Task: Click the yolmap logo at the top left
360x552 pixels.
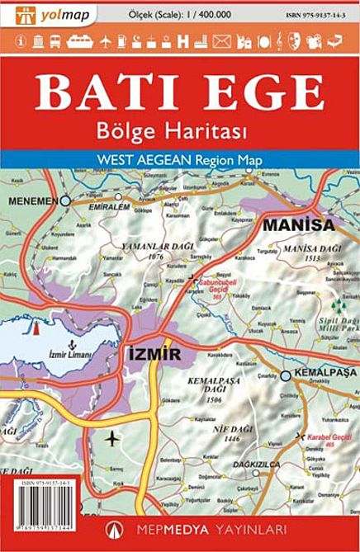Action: click(x=48, y=14)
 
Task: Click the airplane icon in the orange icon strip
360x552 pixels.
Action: click(x=105, y=40)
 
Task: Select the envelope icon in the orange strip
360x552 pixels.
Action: click(x=220, y=40)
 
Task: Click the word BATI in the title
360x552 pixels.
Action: click(x=102, y=92)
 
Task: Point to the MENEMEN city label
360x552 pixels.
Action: click(x=32, y=201)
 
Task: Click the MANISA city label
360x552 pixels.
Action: click(x=298, y=224)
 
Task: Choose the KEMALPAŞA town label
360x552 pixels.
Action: click(x=325, y=374)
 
